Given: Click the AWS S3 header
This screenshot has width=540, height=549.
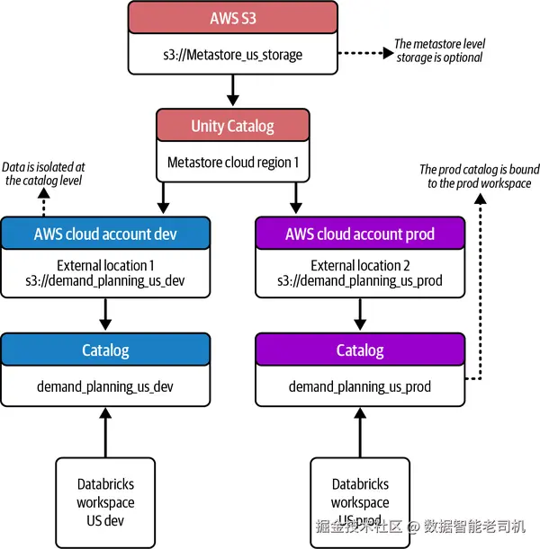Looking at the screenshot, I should point(232,18).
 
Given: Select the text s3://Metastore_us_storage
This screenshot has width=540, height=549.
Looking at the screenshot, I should point(232,55).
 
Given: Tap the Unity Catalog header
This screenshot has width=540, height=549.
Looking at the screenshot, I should point(232,126).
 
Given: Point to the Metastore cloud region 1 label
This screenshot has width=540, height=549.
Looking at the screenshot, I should point(232,163).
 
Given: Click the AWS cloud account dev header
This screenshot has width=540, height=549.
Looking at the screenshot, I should point(105,234).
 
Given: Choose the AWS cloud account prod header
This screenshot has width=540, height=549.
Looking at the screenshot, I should point(360,234).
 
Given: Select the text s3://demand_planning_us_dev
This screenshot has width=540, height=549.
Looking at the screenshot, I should point(105,281).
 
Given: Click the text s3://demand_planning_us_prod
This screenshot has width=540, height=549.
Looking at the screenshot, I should point(360,281).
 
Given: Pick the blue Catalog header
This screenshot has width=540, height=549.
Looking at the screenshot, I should point(105,350).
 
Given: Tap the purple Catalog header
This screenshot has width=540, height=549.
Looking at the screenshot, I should point(360,350).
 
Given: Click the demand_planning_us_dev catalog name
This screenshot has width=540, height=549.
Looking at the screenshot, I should point(105,387).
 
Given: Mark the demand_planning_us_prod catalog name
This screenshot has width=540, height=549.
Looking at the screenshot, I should point(360,387).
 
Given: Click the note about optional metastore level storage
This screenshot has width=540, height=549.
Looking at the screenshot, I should point(439,50).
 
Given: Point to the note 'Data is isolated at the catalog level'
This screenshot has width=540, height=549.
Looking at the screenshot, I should point(44,173).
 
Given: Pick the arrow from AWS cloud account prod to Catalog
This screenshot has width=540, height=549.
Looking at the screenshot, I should point(360,314).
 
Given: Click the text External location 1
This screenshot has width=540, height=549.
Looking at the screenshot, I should point(105,266).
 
